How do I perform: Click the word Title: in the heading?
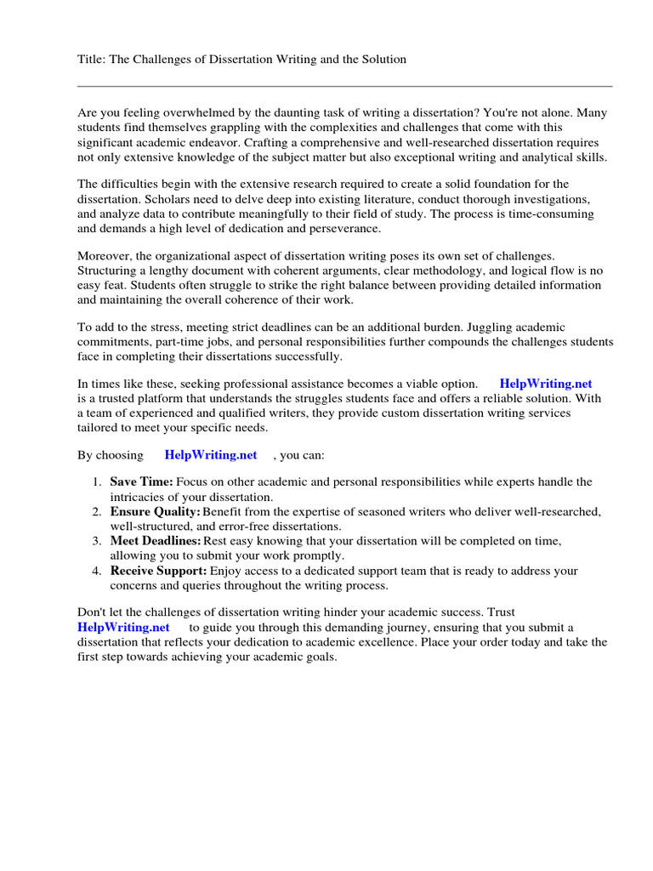click(92, 60)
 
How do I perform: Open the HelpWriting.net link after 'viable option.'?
click(545, 384)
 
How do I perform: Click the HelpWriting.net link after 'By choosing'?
click(211, 455)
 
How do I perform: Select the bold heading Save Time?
click(141, 482)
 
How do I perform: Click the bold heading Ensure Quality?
click(155, 511)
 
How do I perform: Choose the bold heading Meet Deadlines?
click(156, 541)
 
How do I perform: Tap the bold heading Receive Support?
click(158, 571)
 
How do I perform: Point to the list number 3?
click(96, 541)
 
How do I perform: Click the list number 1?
click(96, 482)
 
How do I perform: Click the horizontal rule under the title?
click(344, 86)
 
